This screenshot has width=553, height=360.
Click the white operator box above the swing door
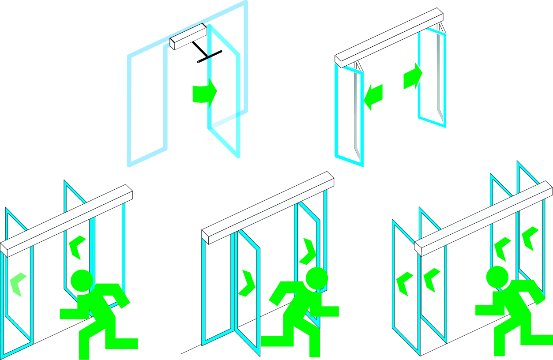coord(188,36)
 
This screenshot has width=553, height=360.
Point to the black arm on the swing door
coord(210,57)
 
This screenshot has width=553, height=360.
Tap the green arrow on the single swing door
coord(204,92)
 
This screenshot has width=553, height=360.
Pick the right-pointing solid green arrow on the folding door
coord(413,75)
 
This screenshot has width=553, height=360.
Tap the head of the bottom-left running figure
coord(82,281)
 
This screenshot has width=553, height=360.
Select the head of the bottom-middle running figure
coord(316,278)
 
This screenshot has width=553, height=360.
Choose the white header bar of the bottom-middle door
coord(267,207)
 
